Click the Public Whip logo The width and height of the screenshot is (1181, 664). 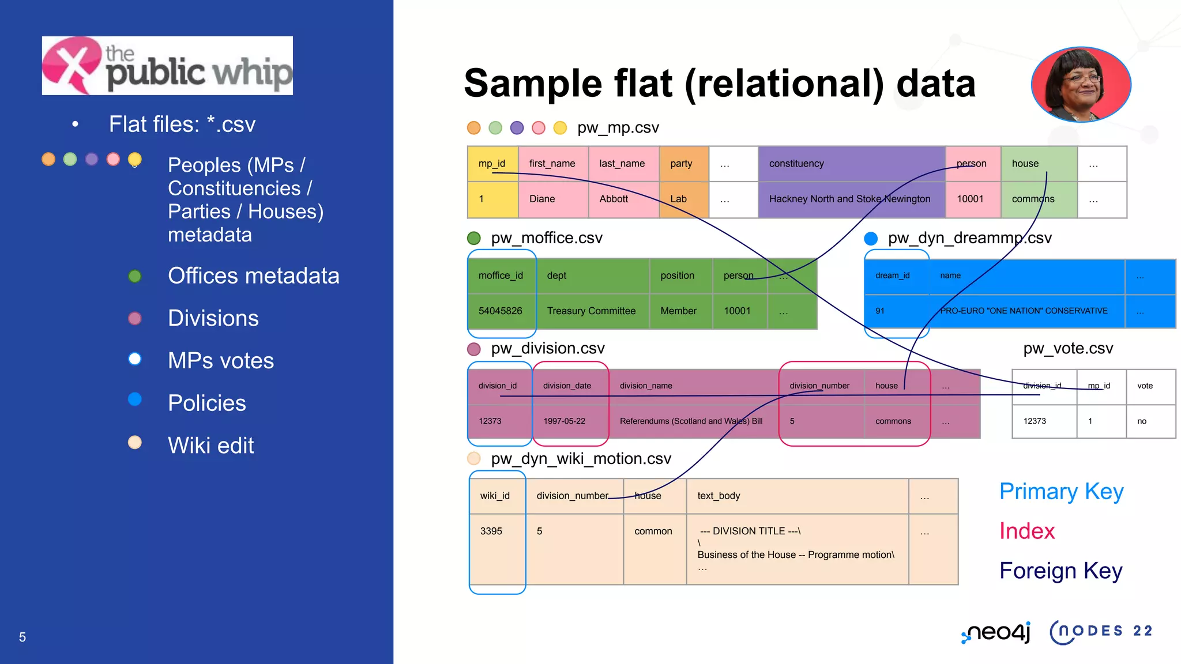(x=167, y=66)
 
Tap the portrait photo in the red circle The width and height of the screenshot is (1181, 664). (x=1081, y=85)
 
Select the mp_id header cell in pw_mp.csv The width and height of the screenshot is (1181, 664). (x=492, y=164)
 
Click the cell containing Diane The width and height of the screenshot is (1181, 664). (x=542, y=199)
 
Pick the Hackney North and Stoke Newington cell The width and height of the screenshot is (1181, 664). (x=849, y=199)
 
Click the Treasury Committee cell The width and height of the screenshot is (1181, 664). (x=591, y=311)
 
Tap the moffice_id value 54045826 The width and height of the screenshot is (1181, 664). (x=500, y=311)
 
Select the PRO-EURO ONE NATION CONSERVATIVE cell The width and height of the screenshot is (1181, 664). (x=1024, y=311)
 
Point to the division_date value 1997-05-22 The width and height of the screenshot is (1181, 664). (x=564, y=421)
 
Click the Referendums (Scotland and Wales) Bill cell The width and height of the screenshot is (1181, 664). (x=691, y=421)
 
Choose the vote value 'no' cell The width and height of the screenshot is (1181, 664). (x=1142, y=421)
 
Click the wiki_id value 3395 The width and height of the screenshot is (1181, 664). (x=491, y=531)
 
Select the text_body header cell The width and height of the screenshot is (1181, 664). (x=719, y=496)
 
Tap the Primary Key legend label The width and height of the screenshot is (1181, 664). (x=1061, y=491)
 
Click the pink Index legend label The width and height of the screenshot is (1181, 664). (x=1027, y=531)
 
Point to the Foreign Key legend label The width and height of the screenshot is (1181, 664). (x=1060, y=571)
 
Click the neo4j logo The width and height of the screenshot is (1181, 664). (x=996, y=632)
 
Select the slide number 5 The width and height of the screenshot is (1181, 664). (x=22, y=637)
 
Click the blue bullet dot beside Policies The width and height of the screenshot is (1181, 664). (x=135, y=399)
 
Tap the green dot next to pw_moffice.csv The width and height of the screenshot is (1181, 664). (x=474, y=238)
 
